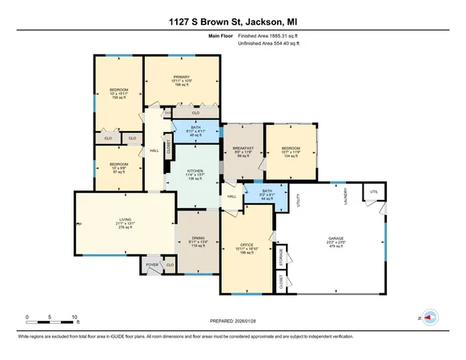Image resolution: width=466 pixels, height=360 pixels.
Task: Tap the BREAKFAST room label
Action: pyautogui.click(x=243, y=148)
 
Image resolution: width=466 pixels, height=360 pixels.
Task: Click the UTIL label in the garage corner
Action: pyautogui.click(x=372, y=191)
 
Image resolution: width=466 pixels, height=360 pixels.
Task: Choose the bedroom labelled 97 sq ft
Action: pyautogui.click(x=112, y=169)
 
